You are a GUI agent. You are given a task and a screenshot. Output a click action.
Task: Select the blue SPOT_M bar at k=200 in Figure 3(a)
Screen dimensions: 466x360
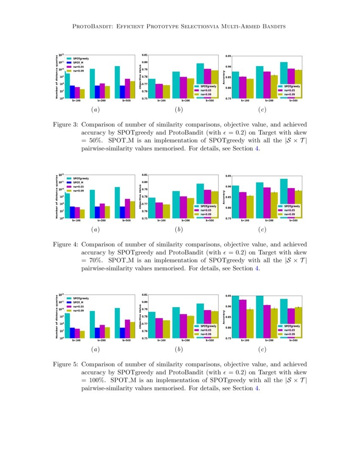pyautogui.click(x=97, y=92)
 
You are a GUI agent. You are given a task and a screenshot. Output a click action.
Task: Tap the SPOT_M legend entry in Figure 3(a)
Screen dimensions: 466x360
pyautogui.click(x=78, y=62)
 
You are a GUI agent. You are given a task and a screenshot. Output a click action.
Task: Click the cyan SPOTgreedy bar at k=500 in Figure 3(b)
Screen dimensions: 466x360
pyautogui.click(x=200, y=81)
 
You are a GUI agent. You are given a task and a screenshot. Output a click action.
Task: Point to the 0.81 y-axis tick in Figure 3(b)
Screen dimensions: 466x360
pyautogui.click(x=145, y=55)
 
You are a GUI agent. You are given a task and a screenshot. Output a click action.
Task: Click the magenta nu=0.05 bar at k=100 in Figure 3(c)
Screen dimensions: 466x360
pyautogui.click(x=242, y=88)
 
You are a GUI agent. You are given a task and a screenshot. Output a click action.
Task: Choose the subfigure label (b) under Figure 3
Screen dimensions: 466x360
pyautogui.click(x=179, y=110)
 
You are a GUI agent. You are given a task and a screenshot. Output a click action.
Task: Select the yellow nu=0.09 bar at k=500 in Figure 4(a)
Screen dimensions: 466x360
pyautogui.click(x=132, y=210)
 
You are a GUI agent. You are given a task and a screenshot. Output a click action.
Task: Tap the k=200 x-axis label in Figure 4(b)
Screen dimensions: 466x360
pyautogui.click(x=185, y=221)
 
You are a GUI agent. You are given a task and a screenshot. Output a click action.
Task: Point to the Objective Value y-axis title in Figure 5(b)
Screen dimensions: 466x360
pyautogui.click(x=140, y=316)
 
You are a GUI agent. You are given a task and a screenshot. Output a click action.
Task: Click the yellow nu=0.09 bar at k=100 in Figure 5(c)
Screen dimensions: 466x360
pyautogui.click(x=250, y=324)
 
